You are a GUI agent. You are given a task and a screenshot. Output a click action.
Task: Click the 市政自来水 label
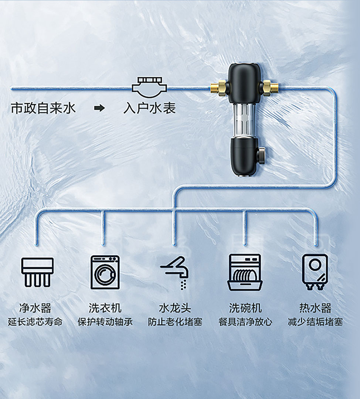coord(43,108)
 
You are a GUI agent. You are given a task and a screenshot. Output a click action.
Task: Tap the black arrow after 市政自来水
coord(99,108)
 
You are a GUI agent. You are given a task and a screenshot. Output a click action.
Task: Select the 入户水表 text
coord(150,108)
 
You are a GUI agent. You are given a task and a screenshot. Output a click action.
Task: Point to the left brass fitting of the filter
coord(218,88)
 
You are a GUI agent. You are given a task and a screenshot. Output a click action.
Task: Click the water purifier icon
coord(37,272)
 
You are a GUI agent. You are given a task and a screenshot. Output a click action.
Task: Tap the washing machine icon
coord(105,272)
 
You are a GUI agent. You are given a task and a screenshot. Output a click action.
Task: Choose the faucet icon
coord(175,272)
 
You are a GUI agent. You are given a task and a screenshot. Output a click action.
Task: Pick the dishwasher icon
coord(245,272)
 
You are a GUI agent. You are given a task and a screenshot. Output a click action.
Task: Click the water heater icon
coord(315,272)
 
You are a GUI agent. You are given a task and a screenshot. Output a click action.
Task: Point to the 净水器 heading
coord(35,308)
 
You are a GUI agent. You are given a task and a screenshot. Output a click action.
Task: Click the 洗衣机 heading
coord(105,308)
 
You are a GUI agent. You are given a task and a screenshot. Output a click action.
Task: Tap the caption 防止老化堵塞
coord(175,322)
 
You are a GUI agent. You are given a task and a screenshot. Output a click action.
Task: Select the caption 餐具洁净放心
coord(245,322)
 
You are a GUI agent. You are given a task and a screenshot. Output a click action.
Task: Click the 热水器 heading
coord(315,308)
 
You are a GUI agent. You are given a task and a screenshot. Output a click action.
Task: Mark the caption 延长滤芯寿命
coord(35,322)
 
